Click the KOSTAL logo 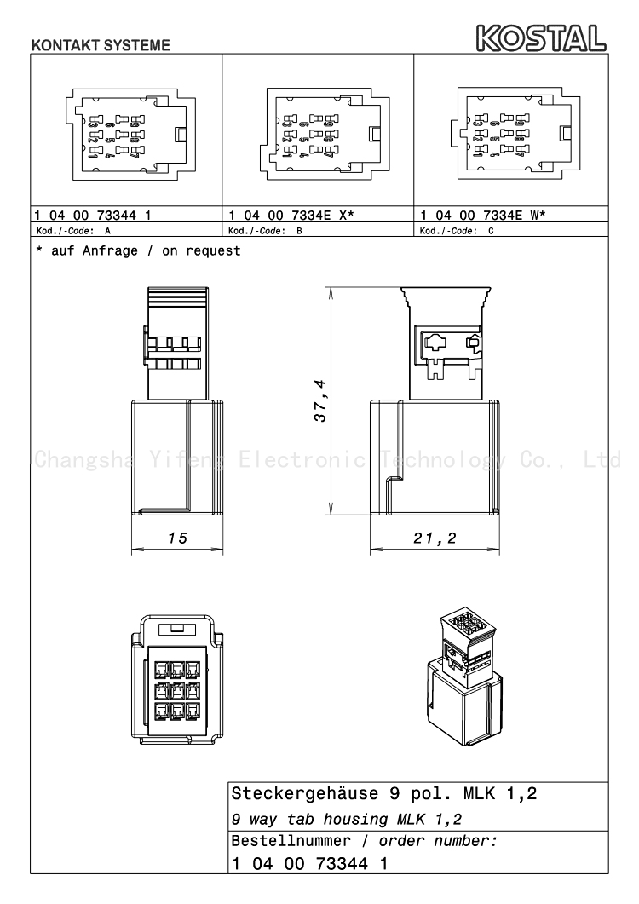(541, 38)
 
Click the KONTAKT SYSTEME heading (101, 45)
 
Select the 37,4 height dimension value (320, 400)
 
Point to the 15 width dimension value (177, 538)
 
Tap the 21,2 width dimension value (435, 538)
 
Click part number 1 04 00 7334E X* (291, 215)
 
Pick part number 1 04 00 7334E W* (483, 215)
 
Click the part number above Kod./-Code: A (93, 215)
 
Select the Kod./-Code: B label (265, 231)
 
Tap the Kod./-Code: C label (456, 231)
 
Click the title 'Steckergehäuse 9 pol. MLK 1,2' (384, 794)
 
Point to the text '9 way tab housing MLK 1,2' (347, 819)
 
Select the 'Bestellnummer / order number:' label (364, 841)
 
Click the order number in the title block (309, 863)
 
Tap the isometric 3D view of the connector (465, 678)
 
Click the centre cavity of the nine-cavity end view (177, 690)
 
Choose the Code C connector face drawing (515, 133)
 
